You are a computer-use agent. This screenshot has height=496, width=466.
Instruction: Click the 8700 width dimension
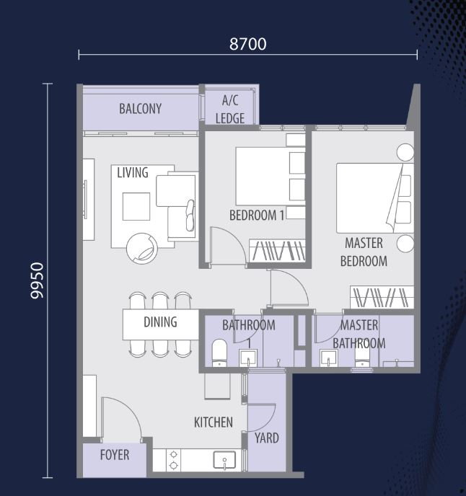[x=248, y=44]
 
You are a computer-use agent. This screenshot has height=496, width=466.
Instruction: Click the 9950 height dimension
[x=37, y=280]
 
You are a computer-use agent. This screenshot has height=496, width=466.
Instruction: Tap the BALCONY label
[x=140, y=109]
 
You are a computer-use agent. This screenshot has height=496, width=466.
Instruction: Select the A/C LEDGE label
[x=230, y=110]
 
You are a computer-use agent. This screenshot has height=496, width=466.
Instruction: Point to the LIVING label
[x=133, y=173]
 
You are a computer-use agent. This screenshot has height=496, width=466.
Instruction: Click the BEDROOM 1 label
[x=257, y=216]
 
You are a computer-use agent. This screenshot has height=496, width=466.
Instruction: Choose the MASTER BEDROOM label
[x=364, y=252]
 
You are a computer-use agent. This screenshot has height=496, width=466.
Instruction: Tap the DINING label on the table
[x=160, y=322]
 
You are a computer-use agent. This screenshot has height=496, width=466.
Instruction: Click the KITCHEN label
[x=214, y=422]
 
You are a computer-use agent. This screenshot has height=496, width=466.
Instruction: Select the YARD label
[x=267, y=438]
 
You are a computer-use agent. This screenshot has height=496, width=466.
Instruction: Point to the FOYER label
[x=115, y=455]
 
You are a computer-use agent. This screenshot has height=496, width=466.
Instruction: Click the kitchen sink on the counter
[x=224, y=460]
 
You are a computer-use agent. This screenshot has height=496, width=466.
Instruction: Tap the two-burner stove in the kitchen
[x=173, y=460]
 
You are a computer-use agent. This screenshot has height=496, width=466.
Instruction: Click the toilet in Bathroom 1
[x=219, y=353]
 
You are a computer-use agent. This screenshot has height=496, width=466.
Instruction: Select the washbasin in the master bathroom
[x=328, y=358]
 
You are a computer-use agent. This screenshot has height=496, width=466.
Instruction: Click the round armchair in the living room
[x=142, y=249]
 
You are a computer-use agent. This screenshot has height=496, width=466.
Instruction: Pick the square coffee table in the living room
[x=136, y=206]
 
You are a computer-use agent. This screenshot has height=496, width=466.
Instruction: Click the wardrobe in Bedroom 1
[x=277, y=251]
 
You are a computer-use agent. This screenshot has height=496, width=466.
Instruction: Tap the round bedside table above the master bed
[x=405, y=152]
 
